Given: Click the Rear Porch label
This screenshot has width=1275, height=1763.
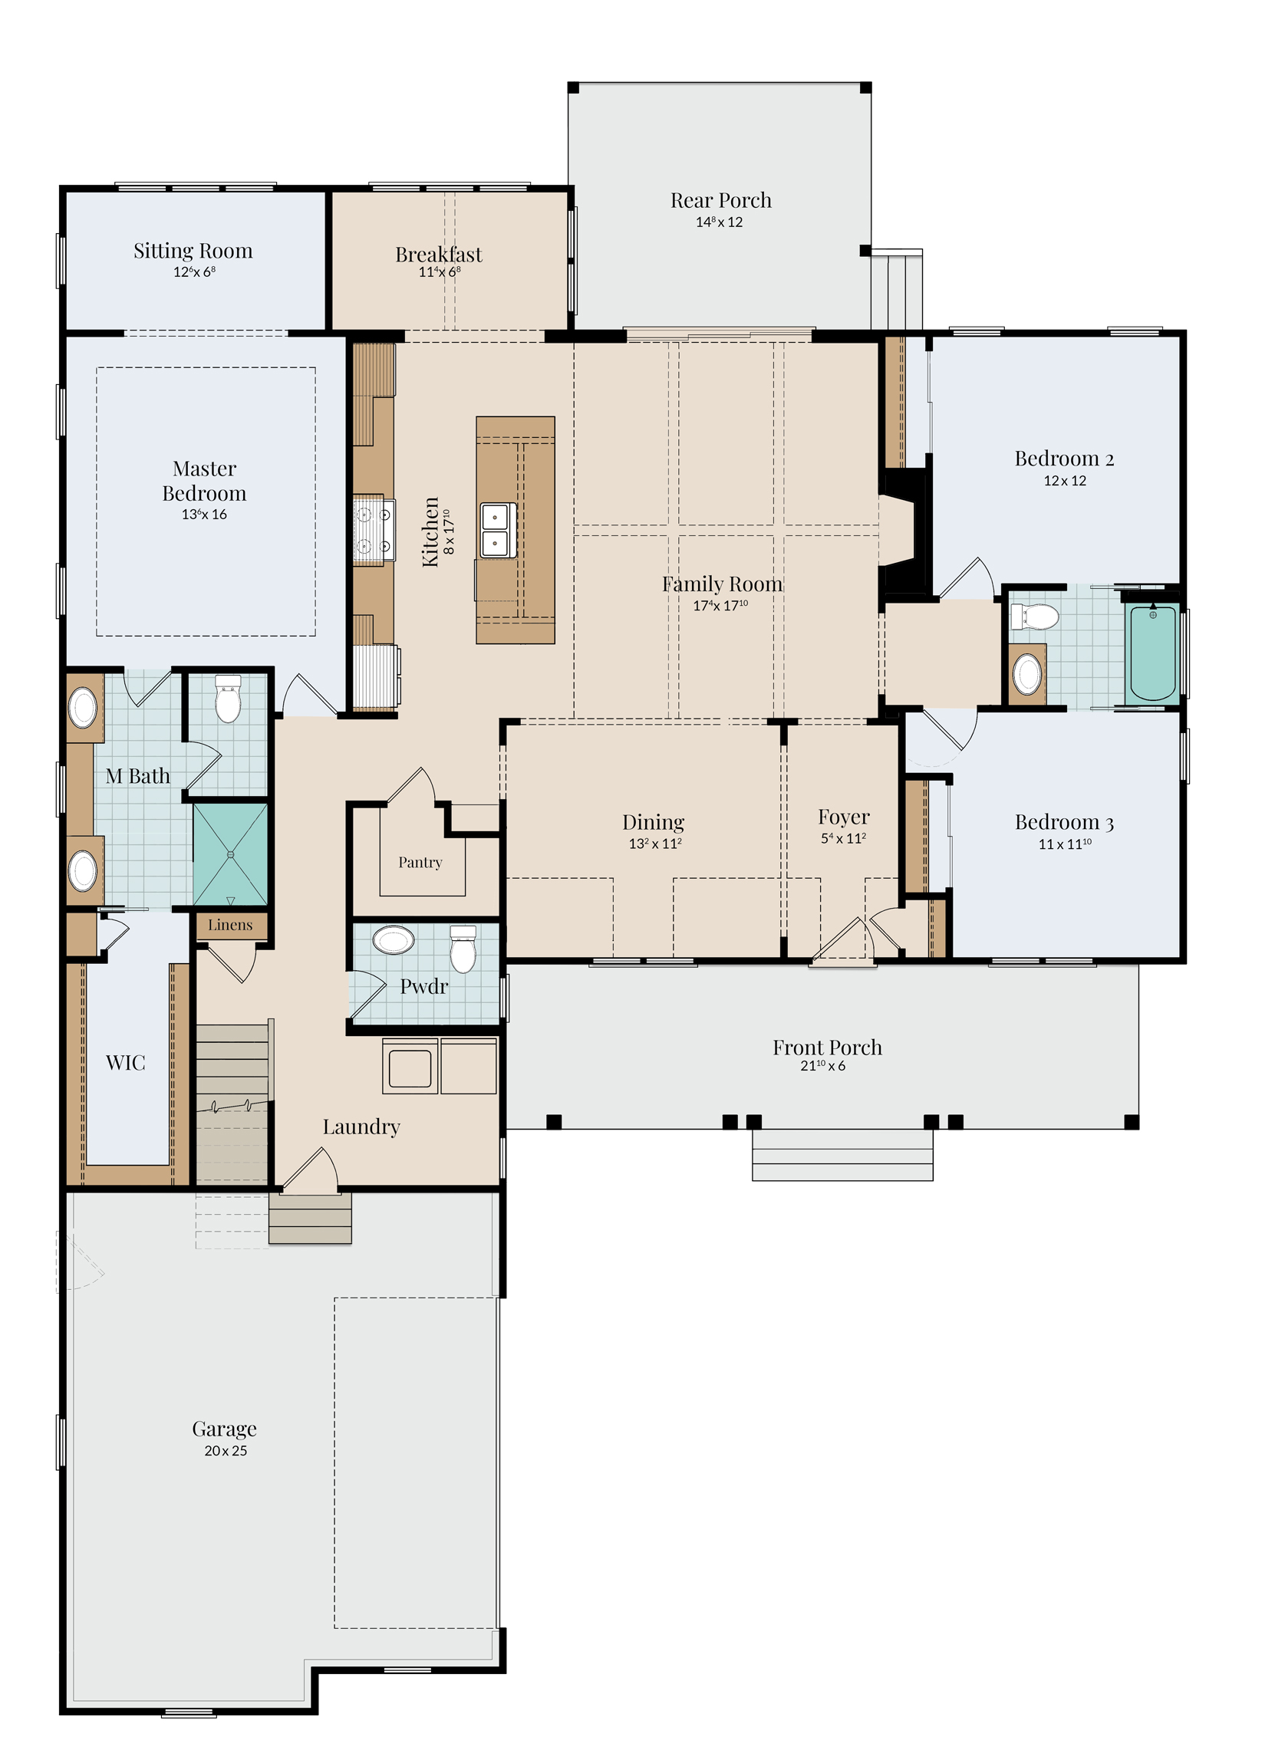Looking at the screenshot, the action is point(720,201).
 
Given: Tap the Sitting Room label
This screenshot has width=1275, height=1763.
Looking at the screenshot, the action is point(193,251).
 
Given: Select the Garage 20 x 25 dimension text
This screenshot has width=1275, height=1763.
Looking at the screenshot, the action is point(226,1451).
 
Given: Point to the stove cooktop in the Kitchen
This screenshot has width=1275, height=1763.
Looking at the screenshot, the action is point(373,530).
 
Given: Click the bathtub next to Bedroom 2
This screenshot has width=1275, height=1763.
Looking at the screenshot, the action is point(1153,652).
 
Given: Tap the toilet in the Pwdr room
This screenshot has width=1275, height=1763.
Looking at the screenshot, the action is point(463,949).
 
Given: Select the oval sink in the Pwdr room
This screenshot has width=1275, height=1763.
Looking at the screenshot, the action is point(394,940).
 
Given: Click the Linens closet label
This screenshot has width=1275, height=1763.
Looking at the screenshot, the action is point(230,925).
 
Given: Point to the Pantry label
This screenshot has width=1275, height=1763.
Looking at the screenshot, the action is point(420,862).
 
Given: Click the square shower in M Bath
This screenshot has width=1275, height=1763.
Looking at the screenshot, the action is point(230,854).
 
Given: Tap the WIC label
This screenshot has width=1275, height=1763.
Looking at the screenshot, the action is point(125,1063).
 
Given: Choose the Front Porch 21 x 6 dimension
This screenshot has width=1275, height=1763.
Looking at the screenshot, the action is point(822,1066).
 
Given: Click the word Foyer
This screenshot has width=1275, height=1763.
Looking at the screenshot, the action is point(844,817).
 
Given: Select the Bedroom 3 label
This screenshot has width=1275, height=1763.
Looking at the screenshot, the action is point(1064,822).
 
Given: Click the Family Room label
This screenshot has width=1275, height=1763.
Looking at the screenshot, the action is point(722,584).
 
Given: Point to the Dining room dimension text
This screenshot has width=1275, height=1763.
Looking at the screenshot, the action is point(655,844).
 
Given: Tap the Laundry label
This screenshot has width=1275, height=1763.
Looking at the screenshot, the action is point(361,1127).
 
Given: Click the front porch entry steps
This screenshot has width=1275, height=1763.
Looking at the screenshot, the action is point(842,1155).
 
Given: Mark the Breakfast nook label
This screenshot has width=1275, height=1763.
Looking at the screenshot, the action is point(439,254).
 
